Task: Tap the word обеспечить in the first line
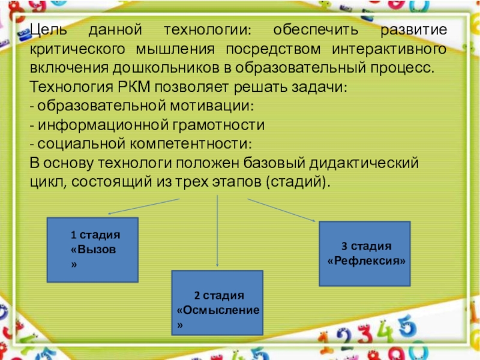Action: (x=313, y=29)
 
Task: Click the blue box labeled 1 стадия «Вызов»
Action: (x=92, y=250)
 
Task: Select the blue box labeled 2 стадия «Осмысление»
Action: (x=217, y=302)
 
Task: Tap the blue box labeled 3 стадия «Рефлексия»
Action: (x=364, y=253)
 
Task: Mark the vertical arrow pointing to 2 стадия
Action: (x=217, y=234)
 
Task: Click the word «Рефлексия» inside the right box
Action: (x=366, y=262)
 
